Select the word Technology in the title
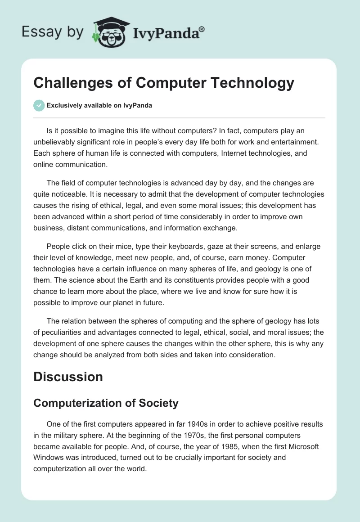point(252,82)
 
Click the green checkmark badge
point(39,105)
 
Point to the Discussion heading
point(68,376)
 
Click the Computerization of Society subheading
point(106,403)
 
